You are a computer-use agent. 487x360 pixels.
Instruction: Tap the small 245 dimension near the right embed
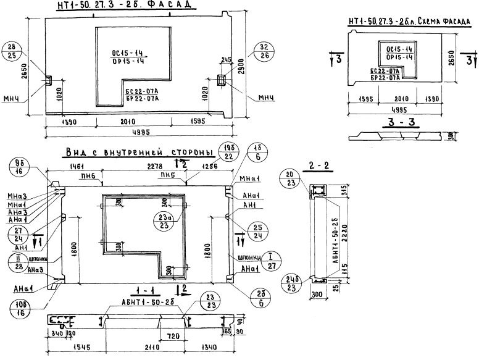[x=225, y=60]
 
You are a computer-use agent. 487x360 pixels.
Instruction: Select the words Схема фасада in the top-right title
[x=444, y=22]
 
